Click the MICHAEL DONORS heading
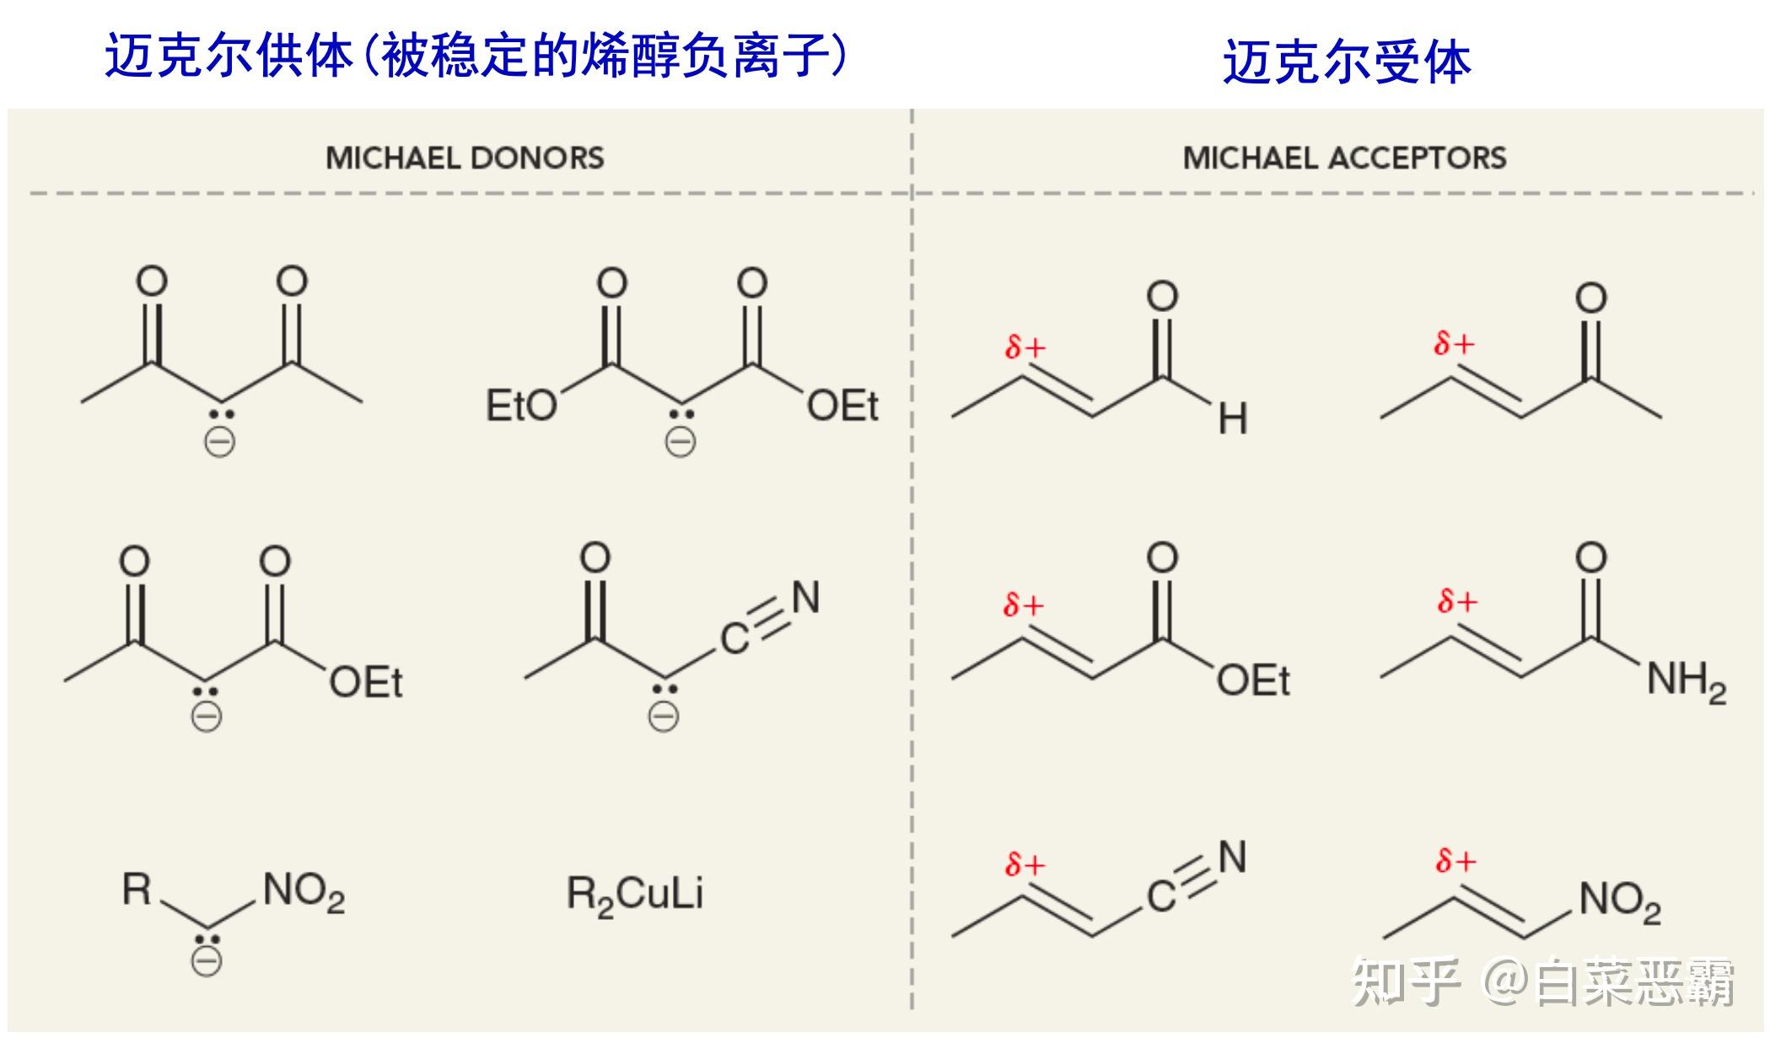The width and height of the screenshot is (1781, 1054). point(465,158)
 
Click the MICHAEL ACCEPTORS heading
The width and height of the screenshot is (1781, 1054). point(1344,158)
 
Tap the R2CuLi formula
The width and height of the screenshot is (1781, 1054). point(634,895)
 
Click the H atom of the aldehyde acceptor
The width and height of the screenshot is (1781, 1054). point(1232,418)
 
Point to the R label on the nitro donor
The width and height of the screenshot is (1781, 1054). point(137,889)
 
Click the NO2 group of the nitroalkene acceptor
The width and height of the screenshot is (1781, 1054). point(1620,901)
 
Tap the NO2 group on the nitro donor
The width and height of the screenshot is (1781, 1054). point(304,892)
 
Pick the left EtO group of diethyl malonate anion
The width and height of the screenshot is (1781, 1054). point(520,406)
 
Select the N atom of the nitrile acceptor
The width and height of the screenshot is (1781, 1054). point(1232,858)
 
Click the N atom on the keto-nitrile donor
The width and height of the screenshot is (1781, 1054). point(805,598)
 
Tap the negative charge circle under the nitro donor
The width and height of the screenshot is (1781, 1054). point(207,961)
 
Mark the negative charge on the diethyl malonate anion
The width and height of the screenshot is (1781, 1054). point(681,441)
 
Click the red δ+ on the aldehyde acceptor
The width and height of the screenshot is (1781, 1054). point(1025,346)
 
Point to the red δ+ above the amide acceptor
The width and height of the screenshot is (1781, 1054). point(1457,601)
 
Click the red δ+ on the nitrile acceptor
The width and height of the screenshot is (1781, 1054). point(1025,863)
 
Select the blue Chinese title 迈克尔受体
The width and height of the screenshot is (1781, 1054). point(1347,62)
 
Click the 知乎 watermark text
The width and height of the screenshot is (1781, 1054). point(1405,982)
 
